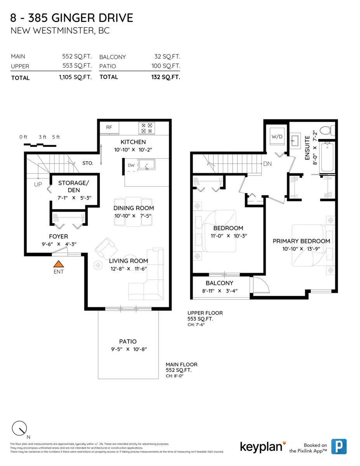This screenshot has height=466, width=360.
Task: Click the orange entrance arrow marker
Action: click(58, 264)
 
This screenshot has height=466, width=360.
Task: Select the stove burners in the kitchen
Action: click(147, 128)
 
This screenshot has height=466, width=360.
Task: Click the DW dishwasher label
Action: click(131, 166)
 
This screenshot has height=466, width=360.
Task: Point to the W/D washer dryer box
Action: click(277, 137)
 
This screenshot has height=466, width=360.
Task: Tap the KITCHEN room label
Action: click(133, 142)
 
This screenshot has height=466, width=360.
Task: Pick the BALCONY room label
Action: click(219, 283)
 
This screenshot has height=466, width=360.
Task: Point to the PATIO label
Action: click(128, 341)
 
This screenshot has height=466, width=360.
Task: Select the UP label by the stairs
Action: click(38, 185)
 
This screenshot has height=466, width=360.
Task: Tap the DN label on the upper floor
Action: click(267, 164)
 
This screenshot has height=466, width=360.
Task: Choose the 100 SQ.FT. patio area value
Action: click(166, 66)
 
